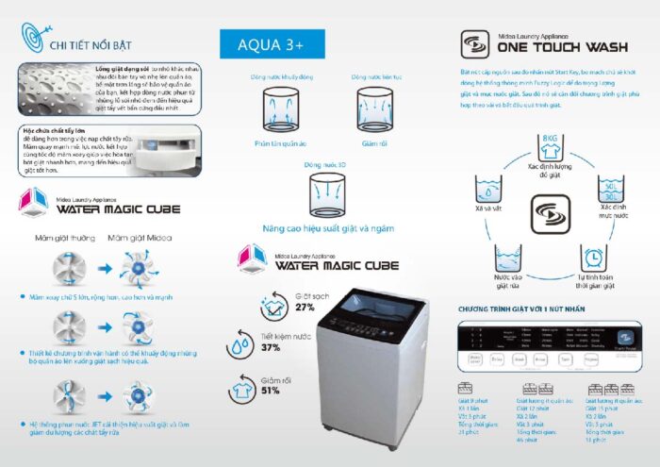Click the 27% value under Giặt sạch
tap(305, 307)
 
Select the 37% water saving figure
tap(272, 348)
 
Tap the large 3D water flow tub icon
tap(327, 194)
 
